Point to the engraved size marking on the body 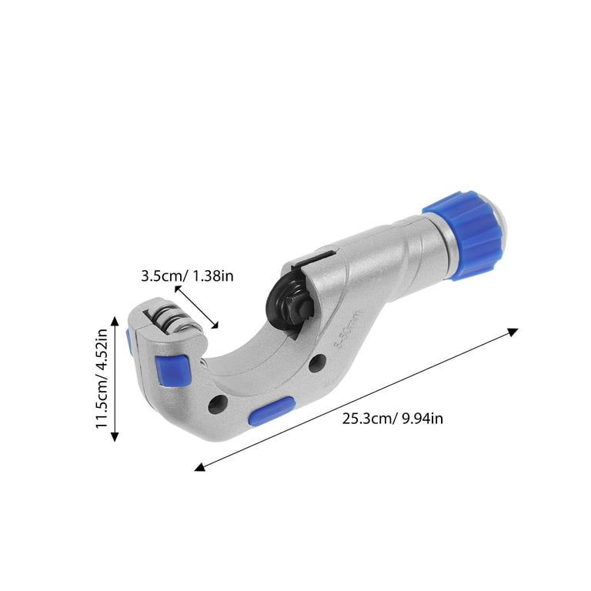click(x=346, y=331)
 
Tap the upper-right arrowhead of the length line click(x=513, y=331)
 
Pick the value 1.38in click(x=210, y=275)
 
